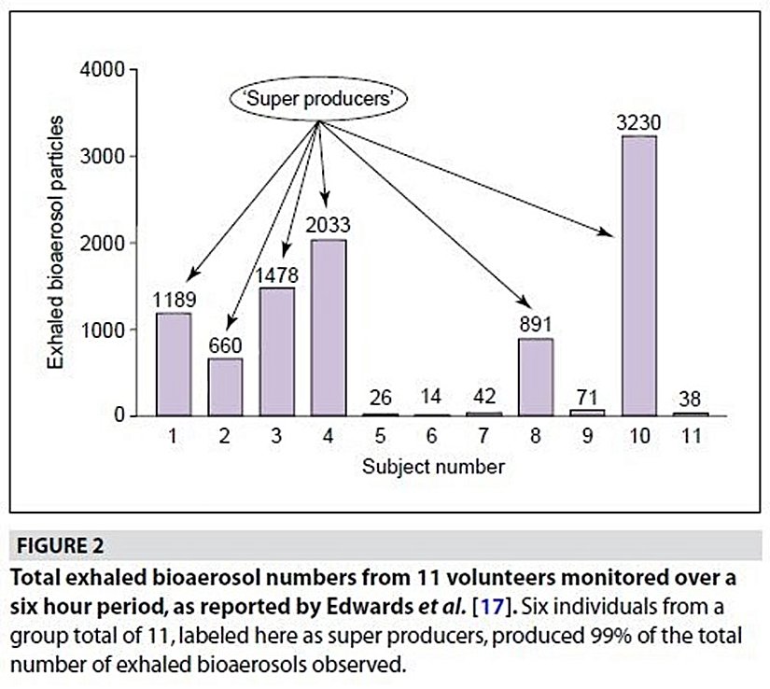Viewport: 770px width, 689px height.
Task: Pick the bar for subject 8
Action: tap(535, 377)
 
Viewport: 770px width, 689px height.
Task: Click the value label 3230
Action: tap(638, 122)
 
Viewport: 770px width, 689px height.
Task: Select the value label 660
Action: tap(224, 344)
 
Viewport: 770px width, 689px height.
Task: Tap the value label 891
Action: tap(535, 325)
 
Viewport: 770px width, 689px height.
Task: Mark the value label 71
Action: tap(588, 393)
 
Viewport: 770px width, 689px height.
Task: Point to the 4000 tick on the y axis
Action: tap(104, 70)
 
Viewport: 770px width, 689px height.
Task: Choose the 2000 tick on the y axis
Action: tap(104, 243)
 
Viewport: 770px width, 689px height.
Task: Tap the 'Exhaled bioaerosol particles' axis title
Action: tap(57, 243)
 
